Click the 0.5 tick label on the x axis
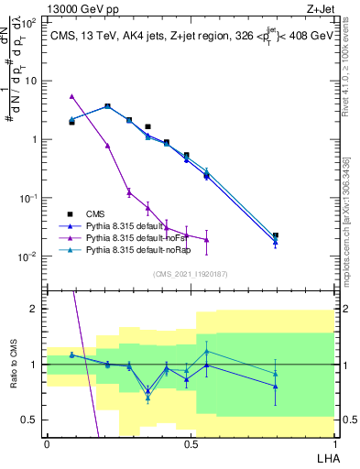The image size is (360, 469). [x=190, y=443]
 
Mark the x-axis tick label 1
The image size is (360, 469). [x=333, y=443]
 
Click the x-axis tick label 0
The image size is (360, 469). [x=47, y=443]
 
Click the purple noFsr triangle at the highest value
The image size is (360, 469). [x=71, y=96]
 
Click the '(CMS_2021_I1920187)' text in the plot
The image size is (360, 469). [x=190, y=273]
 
